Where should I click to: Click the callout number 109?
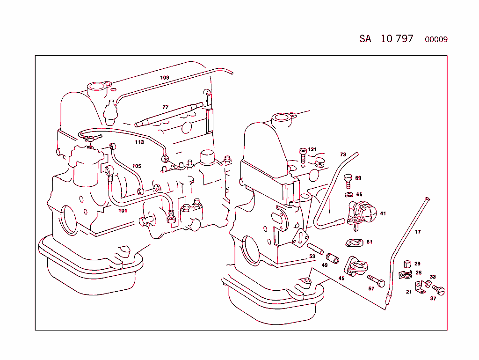[x=165, y=78]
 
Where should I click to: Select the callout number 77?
[x=165, y=107]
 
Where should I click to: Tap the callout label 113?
[x=139, y=142]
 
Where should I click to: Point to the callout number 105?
[x=136, y=166]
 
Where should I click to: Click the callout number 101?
[x=123, y=210]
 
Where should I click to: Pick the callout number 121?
[x=312, y=150]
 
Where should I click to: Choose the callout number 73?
[x=343, y=154]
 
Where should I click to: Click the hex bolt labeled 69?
[x=348, y=180]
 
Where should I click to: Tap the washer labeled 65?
[x=348, y=194]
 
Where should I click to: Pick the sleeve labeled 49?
[x=333, y=258]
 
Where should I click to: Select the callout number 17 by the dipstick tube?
[x=418, y=232]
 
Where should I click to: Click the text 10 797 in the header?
[x=397, y=39]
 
